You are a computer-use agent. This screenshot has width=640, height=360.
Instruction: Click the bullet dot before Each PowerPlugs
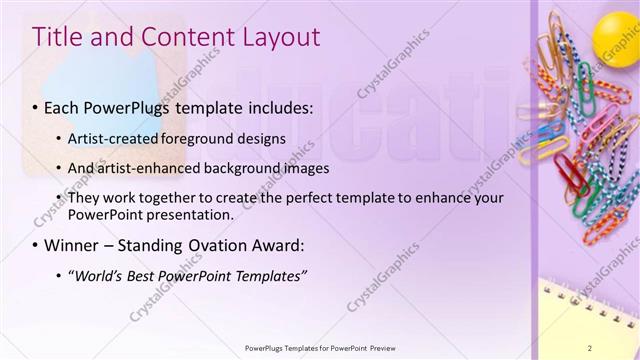tap(37, 107)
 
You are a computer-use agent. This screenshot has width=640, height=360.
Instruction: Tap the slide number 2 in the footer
tap(619, 348)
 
